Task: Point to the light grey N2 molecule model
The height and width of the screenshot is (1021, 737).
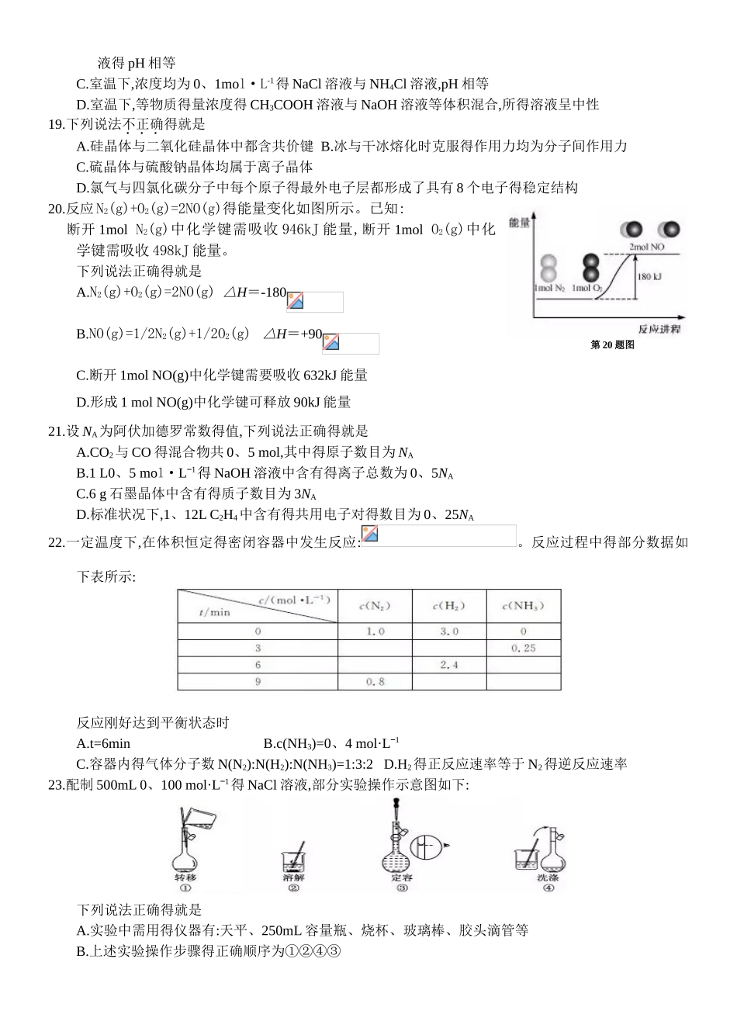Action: point(548,268)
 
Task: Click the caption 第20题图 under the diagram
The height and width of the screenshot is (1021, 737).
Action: point(612,344)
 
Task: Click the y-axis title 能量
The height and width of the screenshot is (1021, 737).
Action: point(519,223)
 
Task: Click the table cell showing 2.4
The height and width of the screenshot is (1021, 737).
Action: point(448,665)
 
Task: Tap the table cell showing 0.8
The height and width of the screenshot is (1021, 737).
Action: point(375,682)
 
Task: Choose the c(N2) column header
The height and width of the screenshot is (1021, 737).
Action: point(375,606)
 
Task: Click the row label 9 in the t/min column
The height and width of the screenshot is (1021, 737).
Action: point(258,682)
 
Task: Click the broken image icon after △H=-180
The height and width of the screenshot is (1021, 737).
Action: point(296,301)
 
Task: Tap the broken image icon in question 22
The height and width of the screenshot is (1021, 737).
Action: point(370,535)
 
